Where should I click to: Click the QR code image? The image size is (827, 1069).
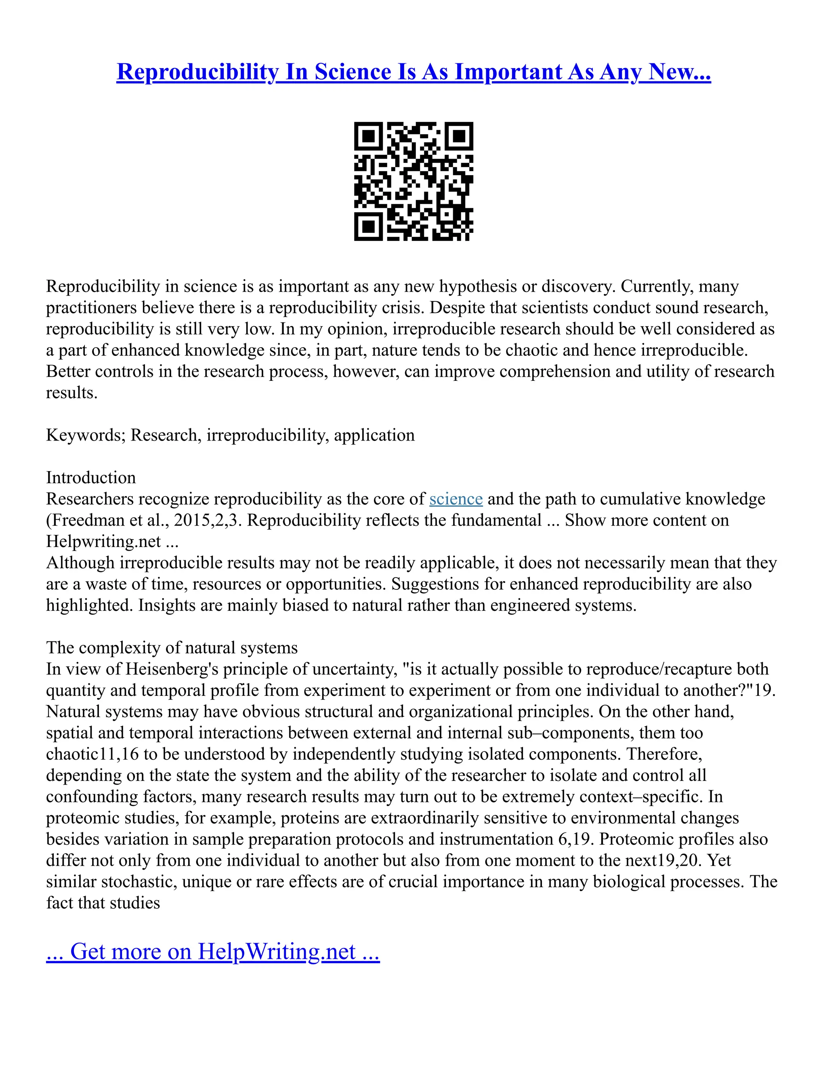[x=413, y=181]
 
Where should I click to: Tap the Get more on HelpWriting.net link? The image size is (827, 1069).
[x=213, y=952]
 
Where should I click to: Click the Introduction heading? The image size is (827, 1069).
[x=90, y=478]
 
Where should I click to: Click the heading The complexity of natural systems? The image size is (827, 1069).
[x=172, y=648]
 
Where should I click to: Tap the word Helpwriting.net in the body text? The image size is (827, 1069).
[x=103, y=541]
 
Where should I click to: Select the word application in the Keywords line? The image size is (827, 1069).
[x=374, y=435]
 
